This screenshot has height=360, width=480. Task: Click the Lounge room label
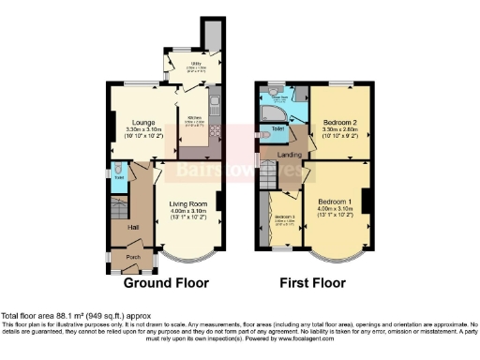pyautogui.click(x=143, y=122)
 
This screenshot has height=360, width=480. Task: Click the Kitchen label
pyautogui.click(x=195, y=118)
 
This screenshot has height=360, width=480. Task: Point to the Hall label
pyautogui.click(x=121, y=227)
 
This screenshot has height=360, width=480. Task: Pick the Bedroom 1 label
pyautogui.click(x=334, y=202)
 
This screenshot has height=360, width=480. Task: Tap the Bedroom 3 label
pyautogui.click(x=283, y=217)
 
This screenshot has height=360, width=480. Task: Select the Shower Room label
pyautogui.click(x=278, y=96)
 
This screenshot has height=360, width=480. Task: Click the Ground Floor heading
pyautogui.click(x=166, y=282)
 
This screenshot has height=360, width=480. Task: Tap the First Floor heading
pyautogui.click(x=314, y=282)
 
